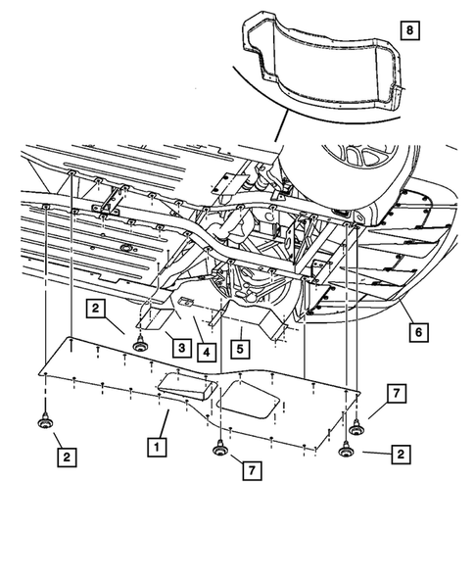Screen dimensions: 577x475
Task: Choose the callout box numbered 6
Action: [418, 333]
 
